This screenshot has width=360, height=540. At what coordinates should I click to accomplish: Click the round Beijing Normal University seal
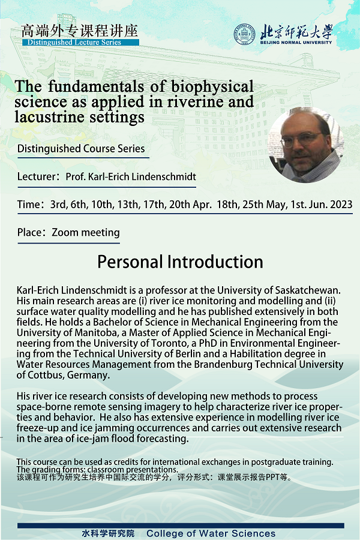click(245, 34)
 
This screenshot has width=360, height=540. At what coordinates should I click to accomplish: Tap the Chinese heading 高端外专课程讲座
click(79, 31)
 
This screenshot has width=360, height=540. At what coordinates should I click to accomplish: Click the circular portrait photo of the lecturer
click(305, 145)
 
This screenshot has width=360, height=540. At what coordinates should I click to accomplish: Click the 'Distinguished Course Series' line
click(81, 149)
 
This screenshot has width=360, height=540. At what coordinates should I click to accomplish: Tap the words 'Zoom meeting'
click(86, 232)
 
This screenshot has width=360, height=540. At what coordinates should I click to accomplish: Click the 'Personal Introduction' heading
click(180, 262)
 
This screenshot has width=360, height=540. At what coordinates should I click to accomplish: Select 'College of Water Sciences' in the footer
click(211, 533)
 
